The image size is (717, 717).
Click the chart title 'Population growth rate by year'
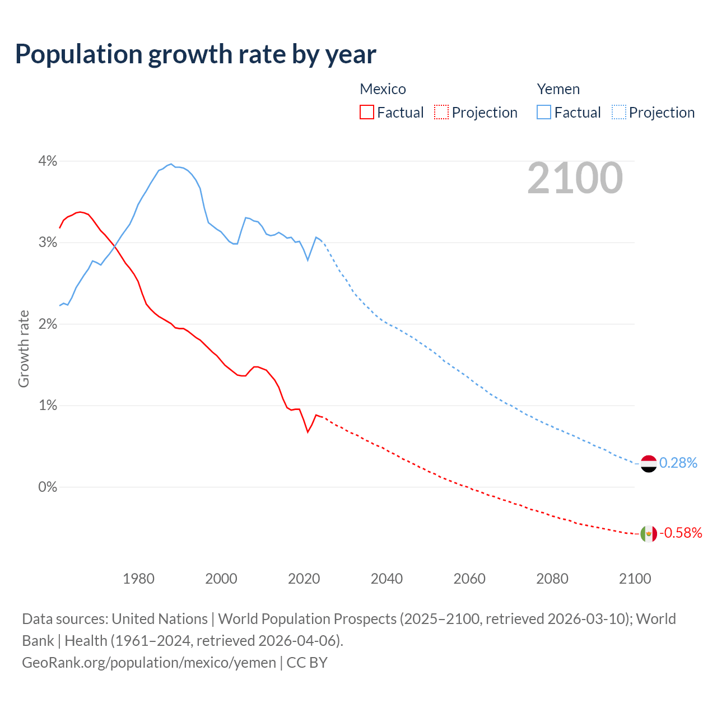[195, 54]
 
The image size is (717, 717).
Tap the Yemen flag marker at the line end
[648, 464]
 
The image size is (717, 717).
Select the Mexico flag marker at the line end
[648, 533]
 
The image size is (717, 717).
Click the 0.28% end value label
[678, 463]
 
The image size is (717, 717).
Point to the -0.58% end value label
[681, 533]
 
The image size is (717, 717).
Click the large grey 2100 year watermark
[575, 178]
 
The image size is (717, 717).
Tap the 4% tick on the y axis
[48, 161]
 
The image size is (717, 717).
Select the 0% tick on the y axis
[48, 487]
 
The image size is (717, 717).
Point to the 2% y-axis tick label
[48, 324]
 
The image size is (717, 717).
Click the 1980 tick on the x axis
[138, 579]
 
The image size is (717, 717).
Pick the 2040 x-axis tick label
[387, 579]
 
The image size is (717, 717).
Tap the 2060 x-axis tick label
[469, 579]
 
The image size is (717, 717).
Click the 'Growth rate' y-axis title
[24, 348]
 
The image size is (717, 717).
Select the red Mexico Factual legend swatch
[367, 112]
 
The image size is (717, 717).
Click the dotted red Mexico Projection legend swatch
[441, 112]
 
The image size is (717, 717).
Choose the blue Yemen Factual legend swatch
[544, 112]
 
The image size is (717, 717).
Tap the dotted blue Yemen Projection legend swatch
[619, 112]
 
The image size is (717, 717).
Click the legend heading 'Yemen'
[558, 89]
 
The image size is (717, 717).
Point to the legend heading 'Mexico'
[383, 89]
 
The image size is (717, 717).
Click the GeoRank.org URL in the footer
[149, 663]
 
